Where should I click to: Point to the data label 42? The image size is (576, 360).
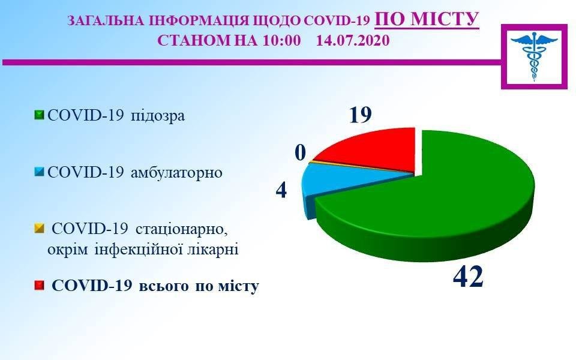pos(468,277)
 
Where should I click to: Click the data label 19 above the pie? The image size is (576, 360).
pos(360,115)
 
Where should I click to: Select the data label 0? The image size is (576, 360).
pos(300,153)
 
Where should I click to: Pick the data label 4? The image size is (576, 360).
pos(281,191)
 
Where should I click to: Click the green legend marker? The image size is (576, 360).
pos(39,115)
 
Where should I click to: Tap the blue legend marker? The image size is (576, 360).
pos(39,172)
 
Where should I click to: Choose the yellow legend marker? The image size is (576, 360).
pos(39,229)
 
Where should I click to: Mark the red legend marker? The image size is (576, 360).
pos(39,286)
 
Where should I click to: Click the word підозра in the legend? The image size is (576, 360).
pos(158,116)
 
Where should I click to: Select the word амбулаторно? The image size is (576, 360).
pos(176,172)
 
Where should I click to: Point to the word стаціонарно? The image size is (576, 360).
pos(181,229)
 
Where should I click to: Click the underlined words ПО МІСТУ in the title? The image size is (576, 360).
pos(427,19)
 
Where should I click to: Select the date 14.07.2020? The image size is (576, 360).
pos(353,40)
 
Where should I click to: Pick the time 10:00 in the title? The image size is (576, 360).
pos(281,40)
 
